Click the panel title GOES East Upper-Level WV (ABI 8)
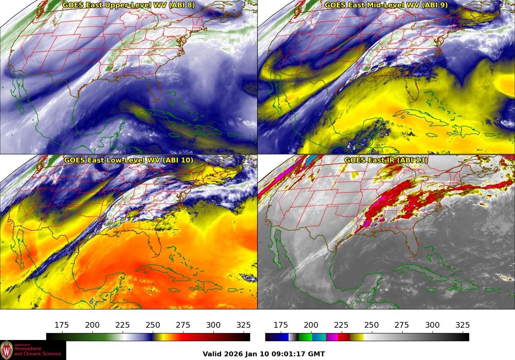tap(129, 5)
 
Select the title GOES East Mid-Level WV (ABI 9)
tap(386, 5)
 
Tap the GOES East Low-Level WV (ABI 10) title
tap(129, 160)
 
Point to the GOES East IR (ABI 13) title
tap(386, 160)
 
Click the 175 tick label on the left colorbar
tap(62, 325)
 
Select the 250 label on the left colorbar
tap(153, 325)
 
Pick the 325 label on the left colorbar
tap(244, 325)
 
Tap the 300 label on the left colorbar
tap(213, 325)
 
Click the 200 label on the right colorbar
tap(311, 325)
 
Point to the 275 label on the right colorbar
tap(402, 325)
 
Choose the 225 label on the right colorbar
tap(341, 325)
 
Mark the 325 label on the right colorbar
tap(462, 325)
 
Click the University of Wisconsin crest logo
tap(7, 350)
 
